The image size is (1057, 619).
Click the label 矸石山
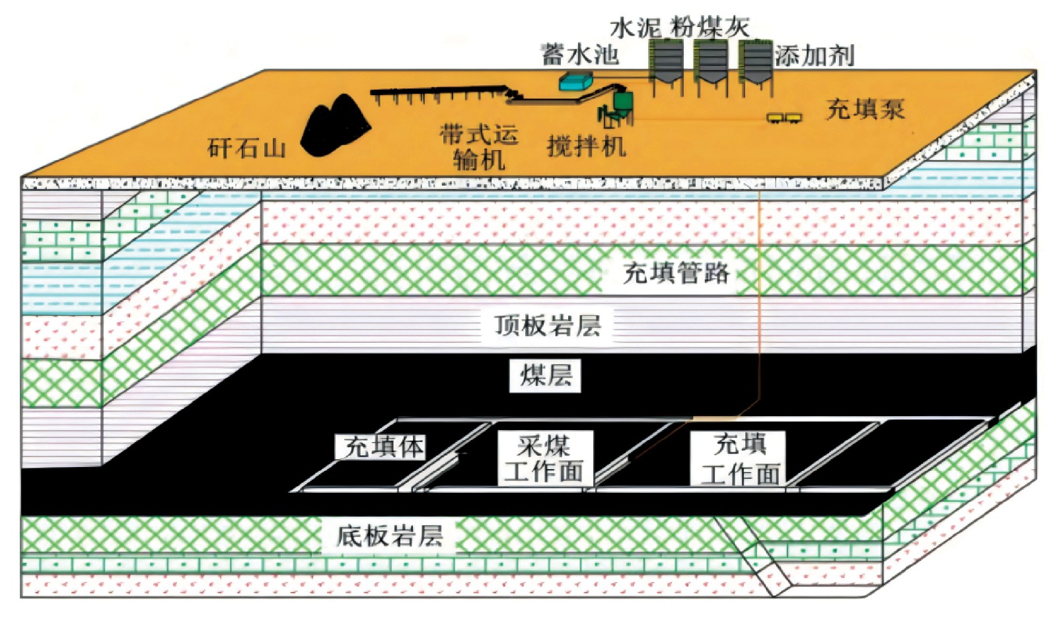pos(246,147)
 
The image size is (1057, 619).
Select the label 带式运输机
pos(479,147)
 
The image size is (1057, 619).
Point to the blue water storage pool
pos(575,82)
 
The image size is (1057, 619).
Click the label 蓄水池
pos(580,54)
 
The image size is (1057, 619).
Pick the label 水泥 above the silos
pos(635,27)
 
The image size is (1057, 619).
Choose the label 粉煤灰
pos(711,27)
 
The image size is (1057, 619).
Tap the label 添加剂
pos(814,55)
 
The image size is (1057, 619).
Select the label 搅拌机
pos(586,145)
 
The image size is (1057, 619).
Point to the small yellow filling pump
pos(784,118)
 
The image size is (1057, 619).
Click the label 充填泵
pos(865,109)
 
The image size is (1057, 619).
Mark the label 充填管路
pos(676,272)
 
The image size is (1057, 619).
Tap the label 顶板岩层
pos(548,325)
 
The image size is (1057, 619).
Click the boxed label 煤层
pos(546,375)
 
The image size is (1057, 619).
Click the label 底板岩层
pos(389,535)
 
